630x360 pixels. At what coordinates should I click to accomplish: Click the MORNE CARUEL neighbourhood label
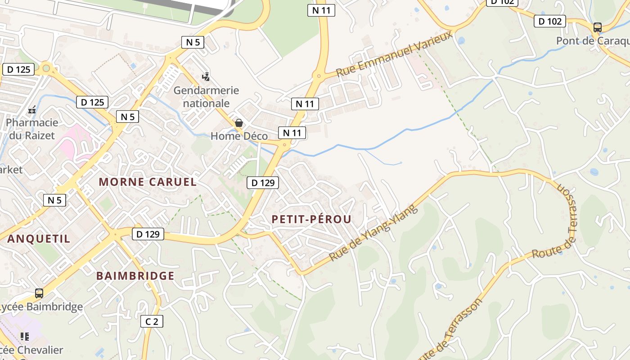148,182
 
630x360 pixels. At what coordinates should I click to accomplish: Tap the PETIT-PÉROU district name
311,219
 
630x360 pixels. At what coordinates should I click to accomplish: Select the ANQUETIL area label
39,238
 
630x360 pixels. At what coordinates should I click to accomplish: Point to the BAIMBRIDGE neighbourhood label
135,276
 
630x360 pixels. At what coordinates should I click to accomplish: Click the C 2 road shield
152,321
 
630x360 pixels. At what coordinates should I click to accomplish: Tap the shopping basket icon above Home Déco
239,123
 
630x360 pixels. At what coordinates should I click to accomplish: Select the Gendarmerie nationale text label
207,97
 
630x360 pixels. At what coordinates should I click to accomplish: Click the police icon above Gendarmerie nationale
206,77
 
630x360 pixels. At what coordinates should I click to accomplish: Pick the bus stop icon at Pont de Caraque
598,27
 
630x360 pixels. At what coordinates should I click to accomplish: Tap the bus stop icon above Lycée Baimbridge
39,293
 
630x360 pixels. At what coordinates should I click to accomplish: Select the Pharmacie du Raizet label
32,129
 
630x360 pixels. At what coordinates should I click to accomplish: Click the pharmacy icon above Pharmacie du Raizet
32,109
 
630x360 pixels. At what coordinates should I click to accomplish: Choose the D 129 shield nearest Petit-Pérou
263,183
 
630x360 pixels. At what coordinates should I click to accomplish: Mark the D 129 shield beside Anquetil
148,234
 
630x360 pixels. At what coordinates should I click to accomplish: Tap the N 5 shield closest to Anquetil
54,200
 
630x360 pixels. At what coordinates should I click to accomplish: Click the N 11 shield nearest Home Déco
292,133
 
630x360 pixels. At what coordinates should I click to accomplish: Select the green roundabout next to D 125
46,69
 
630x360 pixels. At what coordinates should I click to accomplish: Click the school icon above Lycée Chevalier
25,336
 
